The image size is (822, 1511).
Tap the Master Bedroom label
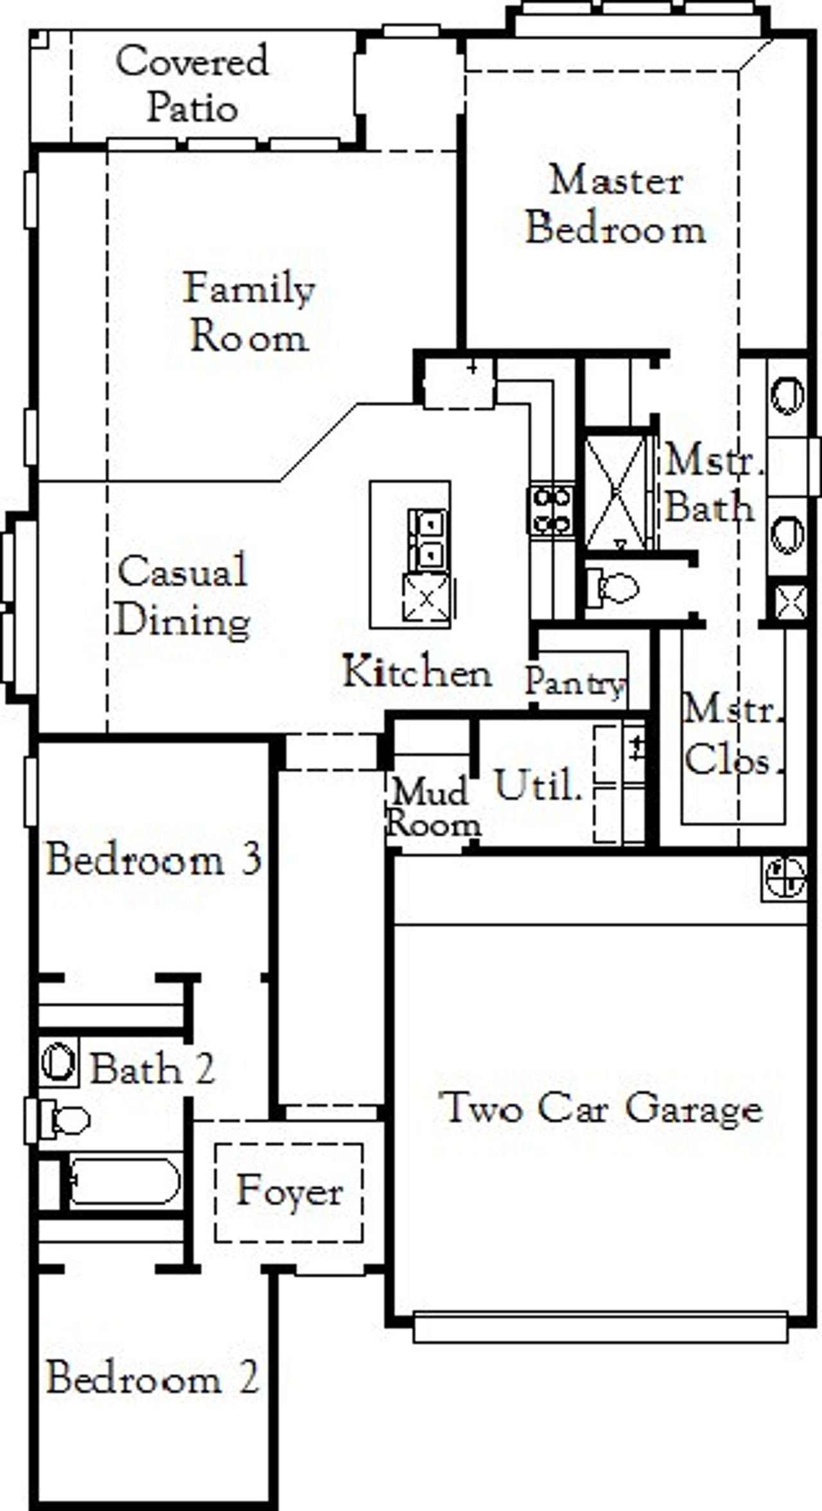pyautogui.click(x=615, y=204)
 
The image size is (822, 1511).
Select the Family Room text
pyautogui.click(x=249, y=312)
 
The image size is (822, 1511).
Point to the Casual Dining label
pyautogui.click(x=183, y=595)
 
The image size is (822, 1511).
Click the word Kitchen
pyautogui.click(x=417, y=672)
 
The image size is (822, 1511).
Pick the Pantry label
pyautogui.click(x=575, y=683)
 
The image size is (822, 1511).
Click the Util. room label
pyautogui.click(x=538, y=785)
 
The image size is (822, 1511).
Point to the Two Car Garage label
pyautogui.click(x=600, y=1108)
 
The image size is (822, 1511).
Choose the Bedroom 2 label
pyautogui.click(x=153, y=1378)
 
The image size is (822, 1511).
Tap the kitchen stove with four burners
pyautogui.click(x=550, y=510)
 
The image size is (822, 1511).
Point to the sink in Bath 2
pyautogui.click(x=58, y=1062)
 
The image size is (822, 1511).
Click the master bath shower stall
pyautogui.click(x=617, y=492)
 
